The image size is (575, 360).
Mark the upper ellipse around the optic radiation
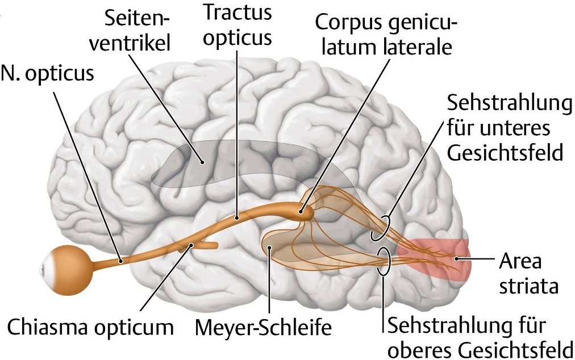click(x=380, y=228)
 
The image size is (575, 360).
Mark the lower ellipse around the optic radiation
click(x=384, y=261)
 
